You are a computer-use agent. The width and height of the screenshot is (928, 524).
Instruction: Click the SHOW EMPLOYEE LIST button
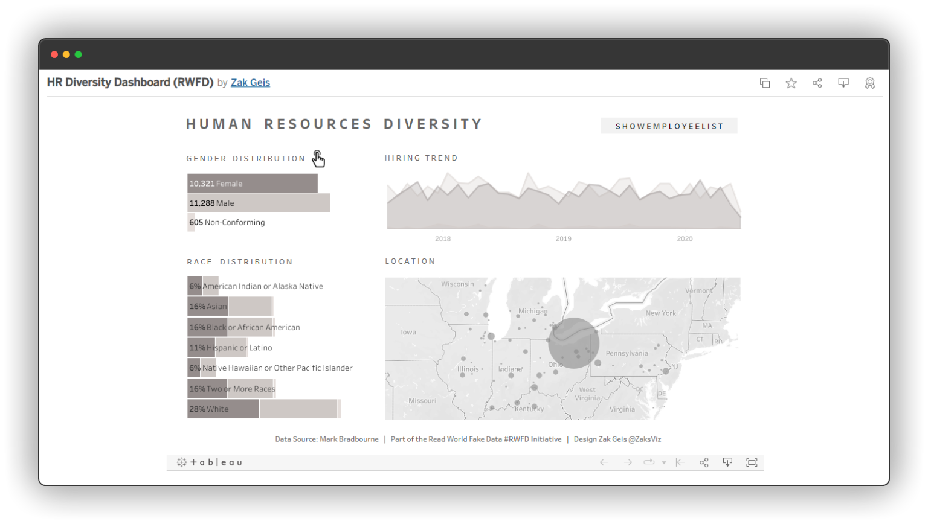(x=669, y=126)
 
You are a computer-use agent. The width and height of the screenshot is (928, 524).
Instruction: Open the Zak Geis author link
(x=250, y=83)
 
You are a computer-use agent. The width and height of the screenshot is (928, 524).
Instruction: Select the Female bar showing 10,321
(x=252, y=184)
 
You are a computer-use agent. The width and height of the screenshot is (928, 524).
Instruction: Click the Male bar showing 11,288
(x=259, y=203)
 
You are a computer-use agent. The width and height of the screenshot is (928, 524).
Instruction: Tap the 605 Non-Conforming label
(x=227, y=223)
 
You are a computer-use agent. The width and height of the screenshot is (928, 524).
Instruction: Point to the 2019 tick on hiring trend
(x=563, y=239)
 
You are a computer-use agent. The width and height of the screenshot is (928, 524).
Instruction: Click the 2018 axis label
(x=443, y=239)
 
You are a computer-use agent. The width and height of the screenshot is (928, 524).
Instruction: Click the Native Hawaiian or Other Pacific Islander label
(x=277, y=368)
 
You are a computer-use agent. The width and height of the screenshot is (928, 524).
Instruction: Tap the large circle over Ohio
(x=573, y=343)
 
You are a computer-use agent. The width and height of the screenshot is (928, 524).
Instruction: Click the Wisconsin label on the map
(x=457, y=284)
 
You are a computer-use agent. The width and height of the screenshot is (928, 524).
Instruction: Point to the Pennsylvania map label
(x=627, y=354)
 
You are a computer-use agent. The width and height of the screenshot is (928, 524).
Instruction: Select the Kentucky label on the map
(x=529, y=409)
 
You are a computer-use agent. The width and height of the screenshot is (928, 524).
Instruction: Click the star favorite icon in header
(x=791, y=83)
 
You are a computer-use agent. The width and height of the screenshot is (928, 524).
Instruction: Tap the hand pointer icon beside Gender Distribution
(x=318, y=159)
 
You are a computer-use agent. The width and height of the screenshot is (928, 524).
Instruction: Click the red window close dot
(x=54, y=54)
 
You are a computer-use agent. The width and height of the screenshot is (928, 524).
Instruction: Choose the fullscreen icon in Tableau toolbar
(x=752, y=462)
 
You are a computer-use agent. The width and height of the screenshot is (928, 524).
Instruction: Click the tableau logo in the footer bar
(x=209, y=462)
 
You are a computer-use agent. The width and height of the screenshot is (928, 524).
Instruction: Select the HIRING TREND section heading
(x=421, y=158)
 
